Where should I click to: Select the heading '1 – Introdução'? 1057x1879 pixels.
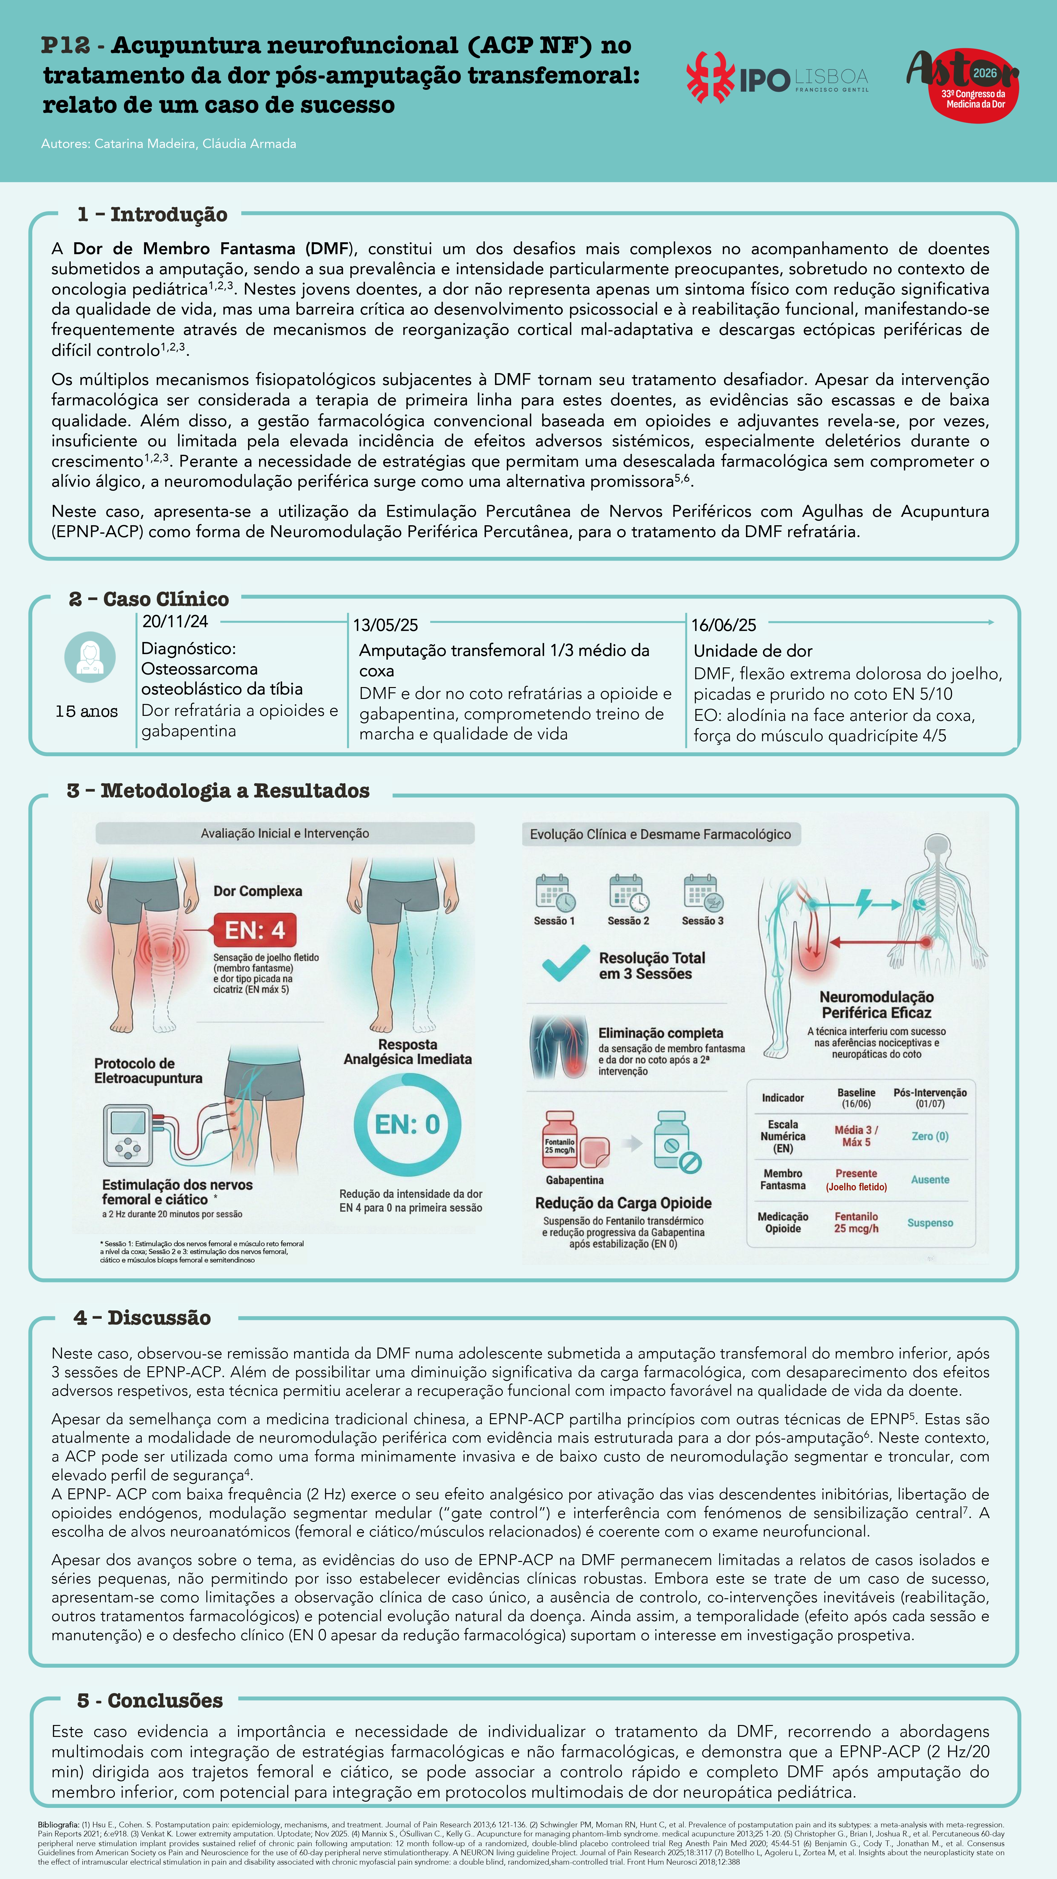click(152, 214)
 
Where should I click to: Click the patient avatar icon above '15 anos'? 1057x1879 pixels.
click(90, 657)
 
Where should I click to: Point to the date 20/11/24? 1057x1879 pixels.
click(175, 621)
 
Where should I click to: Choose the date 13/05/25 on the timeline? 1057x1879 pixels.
click(386, 625)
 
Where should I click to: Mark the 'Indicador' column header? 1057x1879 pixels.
click(783, 1098)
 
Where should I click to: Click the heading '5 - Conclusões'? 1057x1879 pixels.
click(150, 1700)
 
